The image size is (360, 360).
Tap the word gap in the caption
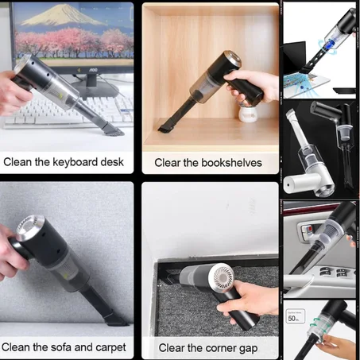coord(246,347)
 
